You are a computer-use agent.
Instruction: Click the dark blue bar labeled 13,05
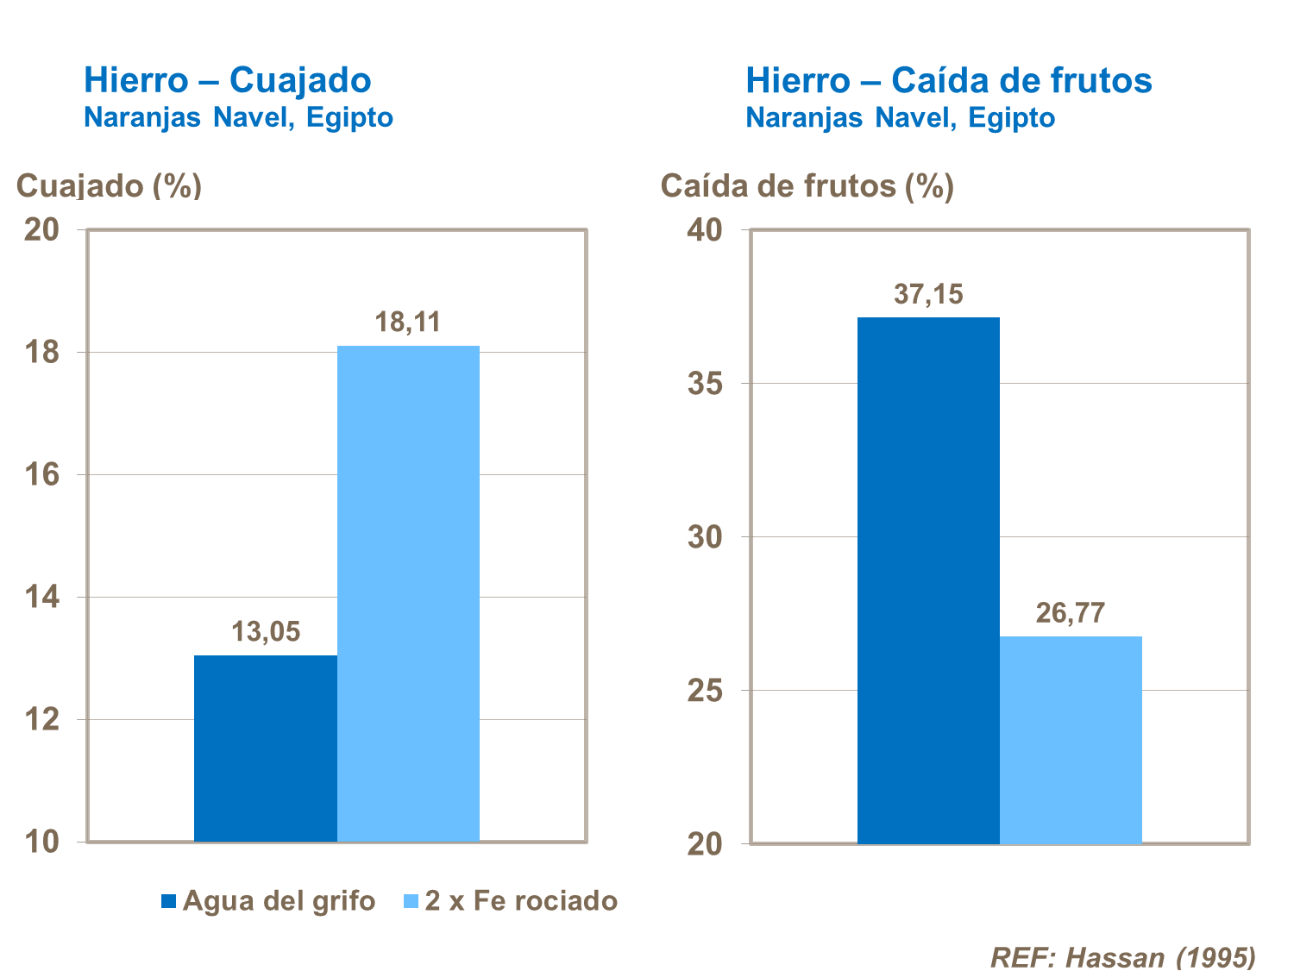(265, 749)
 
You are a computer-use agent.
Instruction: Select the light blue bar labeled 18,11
(408, 593)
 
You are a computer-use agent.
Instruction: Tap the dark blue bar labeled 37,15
(928, 580)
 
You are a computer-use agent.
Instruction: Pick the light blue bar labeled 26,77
(1071, 740)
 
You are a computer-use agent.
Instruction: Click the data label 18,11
(408, 322)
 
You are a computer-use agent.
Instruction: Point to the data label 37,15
(928, 294)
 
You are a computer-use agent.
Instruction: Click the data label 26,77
(1071, 612)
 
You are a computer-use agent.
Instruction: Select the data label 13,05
(266, 631)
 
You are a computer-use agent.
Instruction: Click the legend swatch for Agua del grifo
(169, 901)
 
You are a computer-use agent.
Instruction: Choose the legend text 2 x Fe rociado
(521, 900)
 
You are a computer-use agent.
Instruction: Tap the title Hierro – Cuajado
(228, 80)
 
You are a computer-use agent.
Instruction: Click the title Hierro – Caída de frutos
(949, 80)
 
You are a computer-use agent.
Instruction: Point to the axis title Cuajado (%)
(110, 185)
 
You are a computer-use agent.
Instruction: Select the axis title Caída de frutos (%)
(807, 185)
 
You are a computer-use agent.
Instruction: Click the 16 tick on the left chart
(41, 474)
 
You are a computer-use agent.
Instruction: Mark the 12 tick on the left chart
(41, 719)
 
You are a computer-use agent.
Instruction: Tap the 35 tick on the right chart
(705, 383)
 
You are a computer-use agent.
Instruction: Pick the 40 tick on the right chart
(705, 229)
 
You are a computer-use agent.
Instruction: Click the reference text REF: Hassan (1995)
(1123, 956)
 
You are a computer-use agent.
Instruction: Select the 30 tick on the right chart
(705, 536)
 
